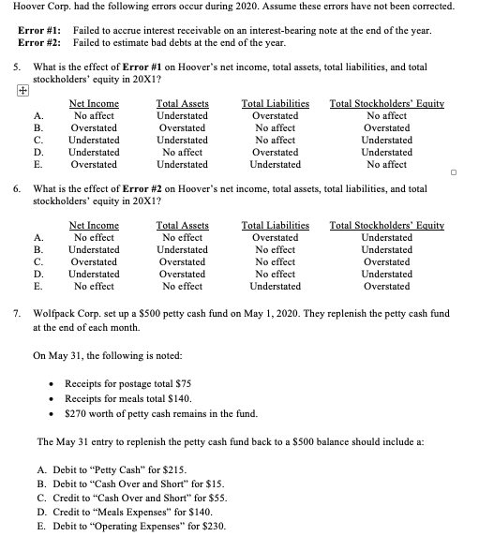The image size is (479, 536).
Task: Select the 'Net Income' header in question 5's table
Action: [x=95, y=103]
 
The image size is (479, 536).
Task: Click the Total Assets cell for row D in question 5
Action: [x=183, y=151]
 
